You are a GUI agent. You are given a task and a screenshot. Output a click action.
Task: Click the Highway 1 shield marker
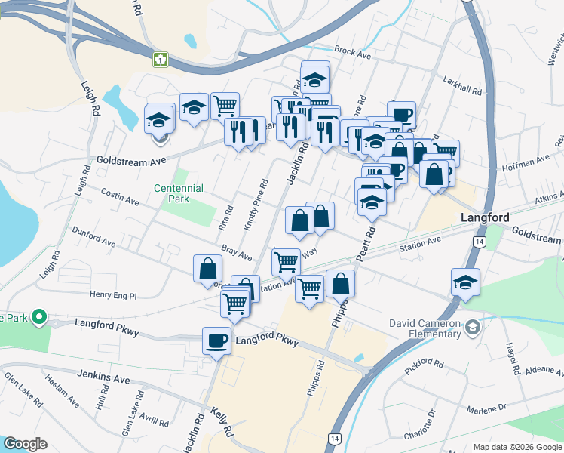click(160, 59)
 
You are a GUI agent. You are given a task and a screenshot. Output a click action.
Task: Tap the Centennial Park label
click(179, 193)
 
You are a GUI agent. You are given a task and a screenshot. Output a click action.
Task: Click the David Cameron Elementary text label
click(425, 330)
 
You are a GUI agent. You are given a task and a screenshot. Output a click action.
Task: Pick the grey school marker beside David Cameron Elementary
click(472, 327)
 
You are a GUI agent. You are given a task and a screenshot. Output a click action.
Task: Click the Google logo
click(25, 444)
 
